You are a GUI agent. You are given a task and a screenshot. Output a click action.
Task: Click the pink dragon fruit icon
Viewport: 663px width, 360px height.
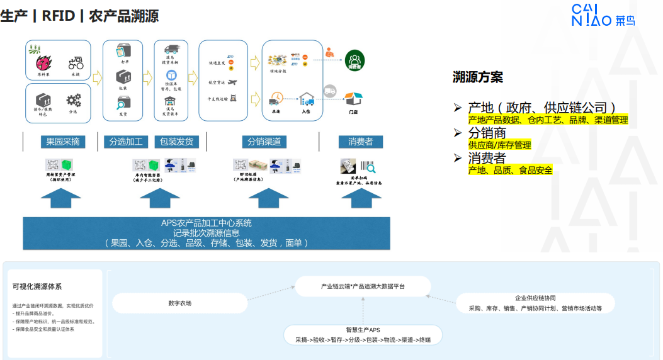tap(44, 63)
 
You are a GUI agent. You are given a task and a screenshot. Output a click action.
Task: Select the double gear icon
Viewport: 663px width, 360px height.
tap(74, 99)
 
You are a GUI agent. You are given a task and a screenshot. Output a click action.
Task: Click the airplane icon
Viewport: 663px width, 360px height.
tap(233, 82)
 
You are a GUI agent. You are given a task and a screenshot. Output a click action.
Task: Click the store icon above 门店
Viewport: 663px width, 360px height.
tap(354, 99)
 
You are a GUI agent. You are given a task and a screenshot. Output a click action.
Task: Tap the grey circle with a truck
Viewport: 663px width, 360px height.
tap(330, 91)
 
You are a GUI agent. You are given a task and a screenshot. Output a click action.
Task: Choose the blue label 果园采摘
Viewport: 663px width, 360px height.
tap(62, 142)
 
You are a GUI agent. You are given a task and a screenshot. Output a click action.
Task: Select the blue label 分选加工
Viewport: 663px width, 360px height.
tap(127, 142)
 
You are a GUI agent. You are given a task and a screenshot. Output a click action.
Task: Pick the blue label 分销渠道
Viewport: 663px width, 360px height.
tap(264, 142)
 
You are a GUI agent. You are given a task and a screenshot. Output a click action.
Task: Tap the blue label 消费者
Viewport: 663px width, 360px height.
tap(361, 142)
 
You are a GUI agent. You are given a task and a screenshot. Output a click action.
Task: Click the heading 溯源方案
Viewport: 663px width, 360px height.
tap(478, 77)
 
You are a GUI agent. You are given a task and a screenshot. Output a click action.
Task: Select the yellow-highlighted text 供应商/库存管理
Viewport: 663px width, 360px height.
tap(499, 145)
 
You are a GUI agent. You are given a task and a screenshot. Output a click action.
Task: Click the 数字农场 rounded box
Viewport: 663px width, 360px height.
tap(180, 303)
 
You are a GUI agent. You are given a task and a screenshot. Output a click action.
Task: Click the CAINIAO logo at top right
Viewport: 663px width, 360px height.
tap(603, 15)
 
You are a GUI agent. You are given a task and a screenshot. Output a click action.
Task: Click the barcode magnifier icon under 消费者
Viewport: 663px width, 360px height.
tap(368, 167)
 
